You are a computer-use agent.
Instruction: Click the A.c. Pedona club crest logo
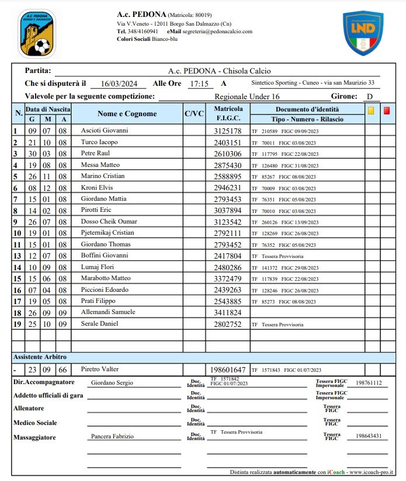37,33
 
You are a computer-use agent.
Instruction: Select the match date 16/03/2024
119,84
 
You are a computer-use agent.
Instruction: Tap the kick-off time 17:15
199,84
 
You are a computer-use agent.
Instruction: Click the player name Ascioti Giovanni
105,131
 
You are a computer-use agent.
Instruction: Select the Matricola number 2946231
228,188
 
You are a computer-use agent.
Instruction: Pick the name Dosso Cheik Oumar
109,222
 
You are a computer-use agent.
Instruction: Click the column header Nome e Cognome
127,114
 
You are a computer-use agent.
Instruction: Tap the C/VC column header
194,114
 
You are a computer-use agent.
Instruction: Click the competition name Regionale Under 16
247,97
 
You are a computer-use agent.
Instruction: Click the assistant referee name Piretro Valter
99,370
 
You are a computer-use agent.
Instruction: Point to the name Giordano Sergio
112,383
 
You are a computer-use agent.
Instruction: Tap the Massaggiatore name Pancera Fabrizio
112,436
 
